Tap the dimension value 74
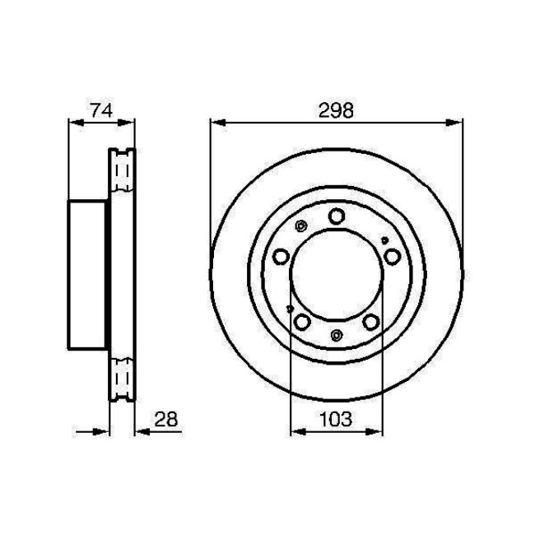[100, 109]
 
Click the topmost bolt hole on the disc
[336, 216]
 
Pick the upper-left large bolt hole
[281, 258]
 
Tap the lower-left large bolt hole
[301, 321]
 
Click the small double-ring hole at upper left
[300, 226]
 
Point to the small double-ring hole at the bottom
[337, 334]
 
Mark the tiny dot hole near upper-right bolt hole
[385, 240]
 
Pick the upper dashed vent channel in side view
[123, 174]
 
